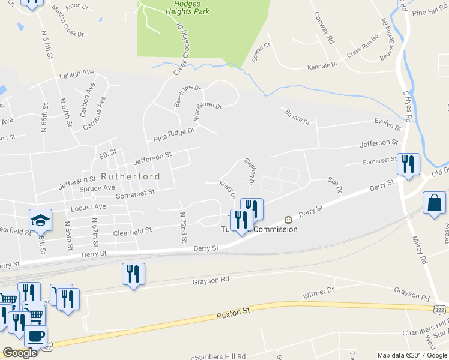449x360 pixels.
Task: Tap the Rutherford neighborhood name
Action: tap(130, 176)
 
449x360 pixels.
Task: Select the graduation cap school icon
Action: tap(40, 220)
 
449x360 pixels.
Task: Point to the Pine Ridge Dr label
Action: tap(174, 134)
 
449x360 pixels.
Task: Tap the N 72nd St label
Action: tap(183, 228)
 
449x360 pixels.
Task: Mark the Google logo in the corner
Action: tap(20, 353)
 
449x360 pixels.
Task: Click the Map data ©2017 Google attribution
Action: tap(412, 355)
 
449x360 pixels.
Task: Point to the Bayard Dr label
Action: tap(297, 117)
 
